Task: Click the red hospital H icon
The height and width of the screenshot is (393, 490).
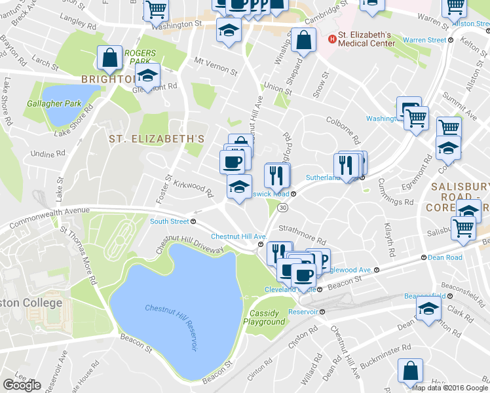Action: click(x=331, y=39)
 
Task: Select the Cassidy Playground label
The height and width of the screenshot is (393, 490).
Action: click(x=265, y=318)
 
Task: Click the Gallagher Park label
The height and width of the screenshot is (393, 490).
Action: click(x=54, y=103)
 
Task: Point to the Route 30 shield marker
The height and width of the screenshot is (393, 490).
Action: click(x=282, y=207)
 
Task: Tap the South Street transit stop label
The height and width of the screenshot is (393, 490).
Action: click(x=170, y=221)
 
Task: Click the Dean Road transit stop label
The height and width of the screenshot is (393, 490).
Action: click(x=446, y=257)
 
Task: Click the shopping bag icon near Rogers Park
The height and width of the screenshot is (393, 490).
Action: click(x=109, y=58)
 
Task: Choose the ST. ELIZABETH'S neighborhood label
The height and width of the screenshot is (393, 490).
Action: click(x=157, y=139)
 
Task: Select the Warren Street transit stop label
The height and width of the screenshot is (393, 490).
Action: click(x=424, y=40)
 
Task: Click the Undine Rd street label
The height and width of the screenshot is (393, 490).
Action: click(x=48, y=154)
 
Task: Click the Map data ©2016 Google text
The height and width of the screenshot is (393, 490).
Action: click(x=449, y=388)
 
